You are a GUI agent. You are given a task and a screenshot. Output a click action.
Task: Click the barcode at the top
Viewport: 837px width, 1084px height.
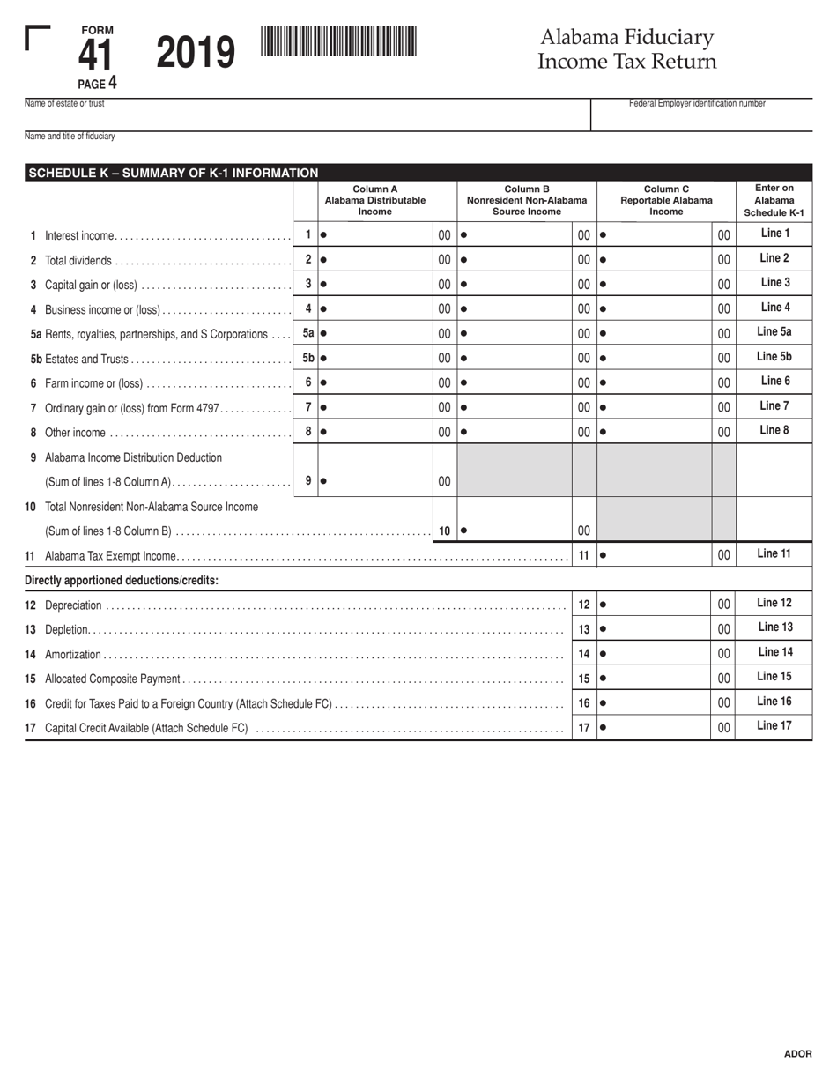[x=338, y=42]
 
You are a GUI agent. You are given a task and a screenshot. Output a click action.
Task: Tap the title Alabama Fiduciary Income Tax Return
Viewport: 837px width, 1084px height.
[x=626, y=49]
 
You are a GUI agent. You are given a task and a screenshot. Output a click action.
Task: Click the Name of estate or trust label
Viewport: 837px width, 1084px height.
[x=64, y=104]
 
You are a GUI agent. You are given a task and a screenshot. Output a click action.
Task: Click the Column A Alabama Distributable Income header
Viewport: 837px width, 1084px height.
[x=374, y=201]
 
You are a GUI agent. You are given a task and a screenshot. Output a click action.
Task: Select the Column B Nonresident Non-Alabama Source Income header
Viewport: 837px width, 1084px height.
[x=526, y=201]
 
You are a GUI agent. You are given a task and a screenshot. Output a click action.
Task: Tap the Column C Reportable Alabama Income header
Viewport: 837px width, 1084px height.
[x=665, y=201]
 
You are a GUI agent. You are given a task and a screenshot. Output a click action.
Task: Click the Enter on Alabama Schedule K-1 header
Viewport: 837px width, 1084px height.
[x=774, y=201]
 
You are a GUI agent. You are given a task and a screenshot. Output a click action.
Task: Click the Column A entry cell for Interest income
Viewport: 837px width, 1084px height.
[x=376, y=235]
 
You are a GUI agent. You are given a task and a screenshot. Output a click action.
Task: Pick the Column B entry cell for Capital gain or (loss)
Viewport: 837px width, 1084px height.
[x=515, y=285]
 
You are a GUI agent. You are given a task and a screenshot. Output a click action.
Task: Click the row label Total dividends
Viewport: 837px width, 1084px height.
[x=78, y=261]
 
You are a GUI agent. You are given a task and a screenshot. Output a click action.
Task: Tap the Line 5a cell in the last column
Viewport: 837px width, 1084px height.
[x=774, y=332]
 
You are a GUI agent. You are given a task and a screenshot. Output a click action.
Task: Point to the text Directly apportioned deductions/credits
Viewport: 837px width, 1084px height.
[x=122, y=580]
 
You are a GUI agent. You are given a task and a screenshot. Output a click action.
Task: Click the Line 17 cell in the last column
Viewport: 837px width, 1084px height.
[x=774, y=726]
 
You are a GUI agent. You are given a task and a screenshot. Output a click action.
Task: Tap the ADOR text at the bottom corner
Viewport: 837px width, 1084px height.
[x=797, y=1054]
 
